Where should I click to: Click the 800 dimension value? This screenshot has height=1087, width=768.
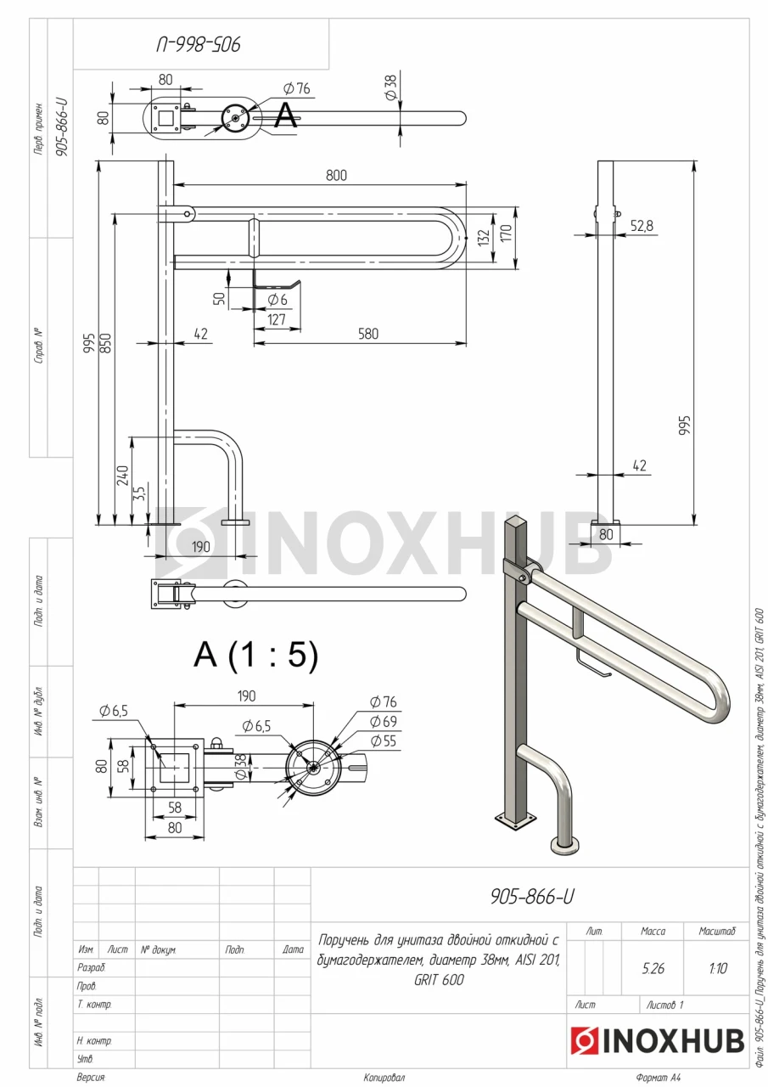pos(336,175)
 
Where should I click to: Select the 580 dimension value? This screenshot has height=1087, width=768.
pos(368,334)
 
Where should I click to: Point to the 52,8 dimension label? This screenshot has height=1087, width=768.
pos(642,226)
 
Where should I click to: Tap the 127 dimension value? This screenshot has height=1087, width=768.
pos(277,319)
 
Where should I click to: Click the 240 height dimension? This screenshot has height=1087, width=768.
pos(122,475)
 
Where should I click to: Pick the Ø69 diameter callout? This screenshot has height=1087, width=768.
pos(383,722)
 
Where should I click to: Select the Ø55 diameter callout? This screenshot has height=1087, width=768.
pos(383,741)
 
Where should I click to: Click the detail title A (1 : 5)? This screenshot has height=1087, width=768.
pos(255,655)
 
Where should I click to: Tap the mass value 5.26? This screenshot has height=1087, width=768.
pos(653,969)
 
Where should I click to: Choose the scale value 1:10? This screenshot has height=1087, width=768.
pos(717,969)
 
